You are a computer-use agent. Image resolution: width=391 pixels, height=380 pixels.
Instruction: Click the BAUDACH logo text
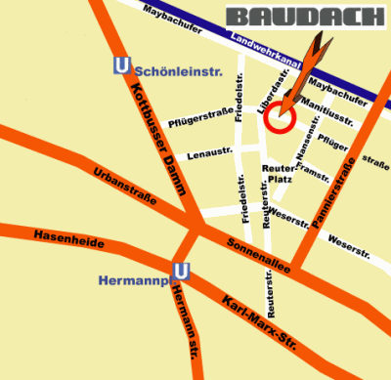coord(306,17)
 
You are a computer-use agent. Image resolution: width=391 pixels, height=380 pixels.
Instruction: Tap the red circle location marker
coord(279,115)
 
